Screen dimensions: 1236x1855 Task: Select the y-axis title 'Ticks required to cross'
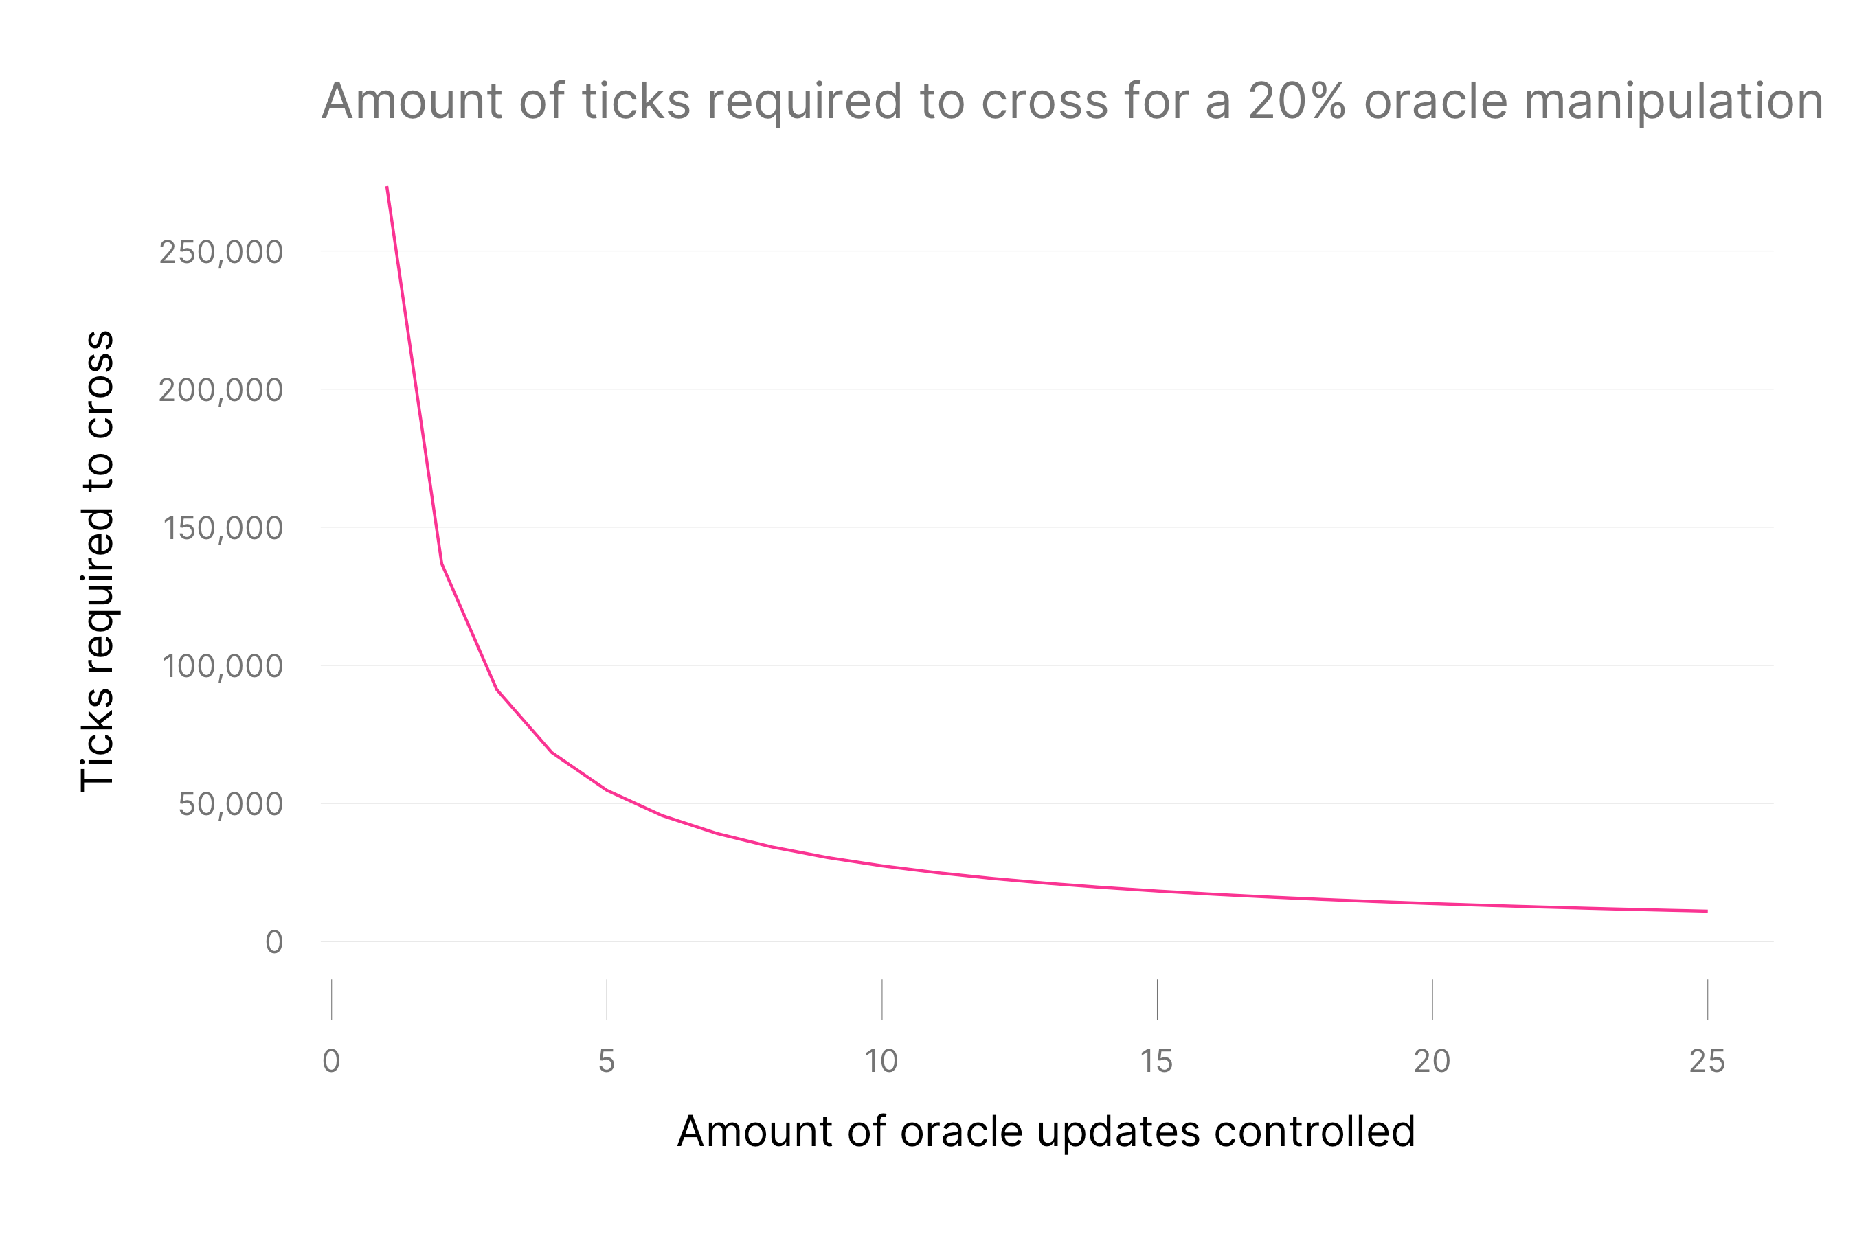coord(98,560)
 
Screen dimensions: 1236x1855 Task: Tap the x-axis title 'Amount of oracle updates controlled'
coord(1046,1131)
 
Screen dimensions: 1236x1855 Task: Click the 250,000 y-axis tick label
coord(221,252)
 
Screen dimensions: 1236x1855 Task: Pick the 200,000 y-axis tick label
coord(221,390)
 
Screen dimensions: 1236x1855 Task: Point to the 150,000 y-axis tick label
coord(223,528)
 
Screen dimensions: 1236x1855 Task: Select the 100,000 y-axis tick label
coord(223,666)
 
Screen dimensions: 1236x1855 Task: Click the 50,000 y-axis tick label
coord(230,804)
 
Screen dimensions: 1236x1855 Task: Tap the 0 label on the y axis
coord(273,942)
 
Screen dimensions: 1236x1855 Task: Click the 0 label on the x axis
coord(331,1061)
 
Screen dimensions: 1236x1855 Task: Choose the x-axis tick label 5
coord(607,1061)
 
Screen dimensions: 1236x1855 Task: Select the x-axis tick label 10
coord(881,1061)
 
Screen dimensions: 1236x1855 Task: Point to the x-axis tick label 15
coord(1156,1061)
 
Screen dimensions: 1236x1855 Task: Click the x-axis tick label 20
coord(1432,1061)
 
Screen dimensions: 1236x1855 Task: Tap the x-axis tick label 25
coord(1707,1061)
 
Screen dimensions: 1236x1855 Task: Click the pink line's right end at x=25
coord(1707,911)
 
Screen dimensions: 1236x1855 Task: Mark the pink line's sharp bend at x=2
coord(442,564)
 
